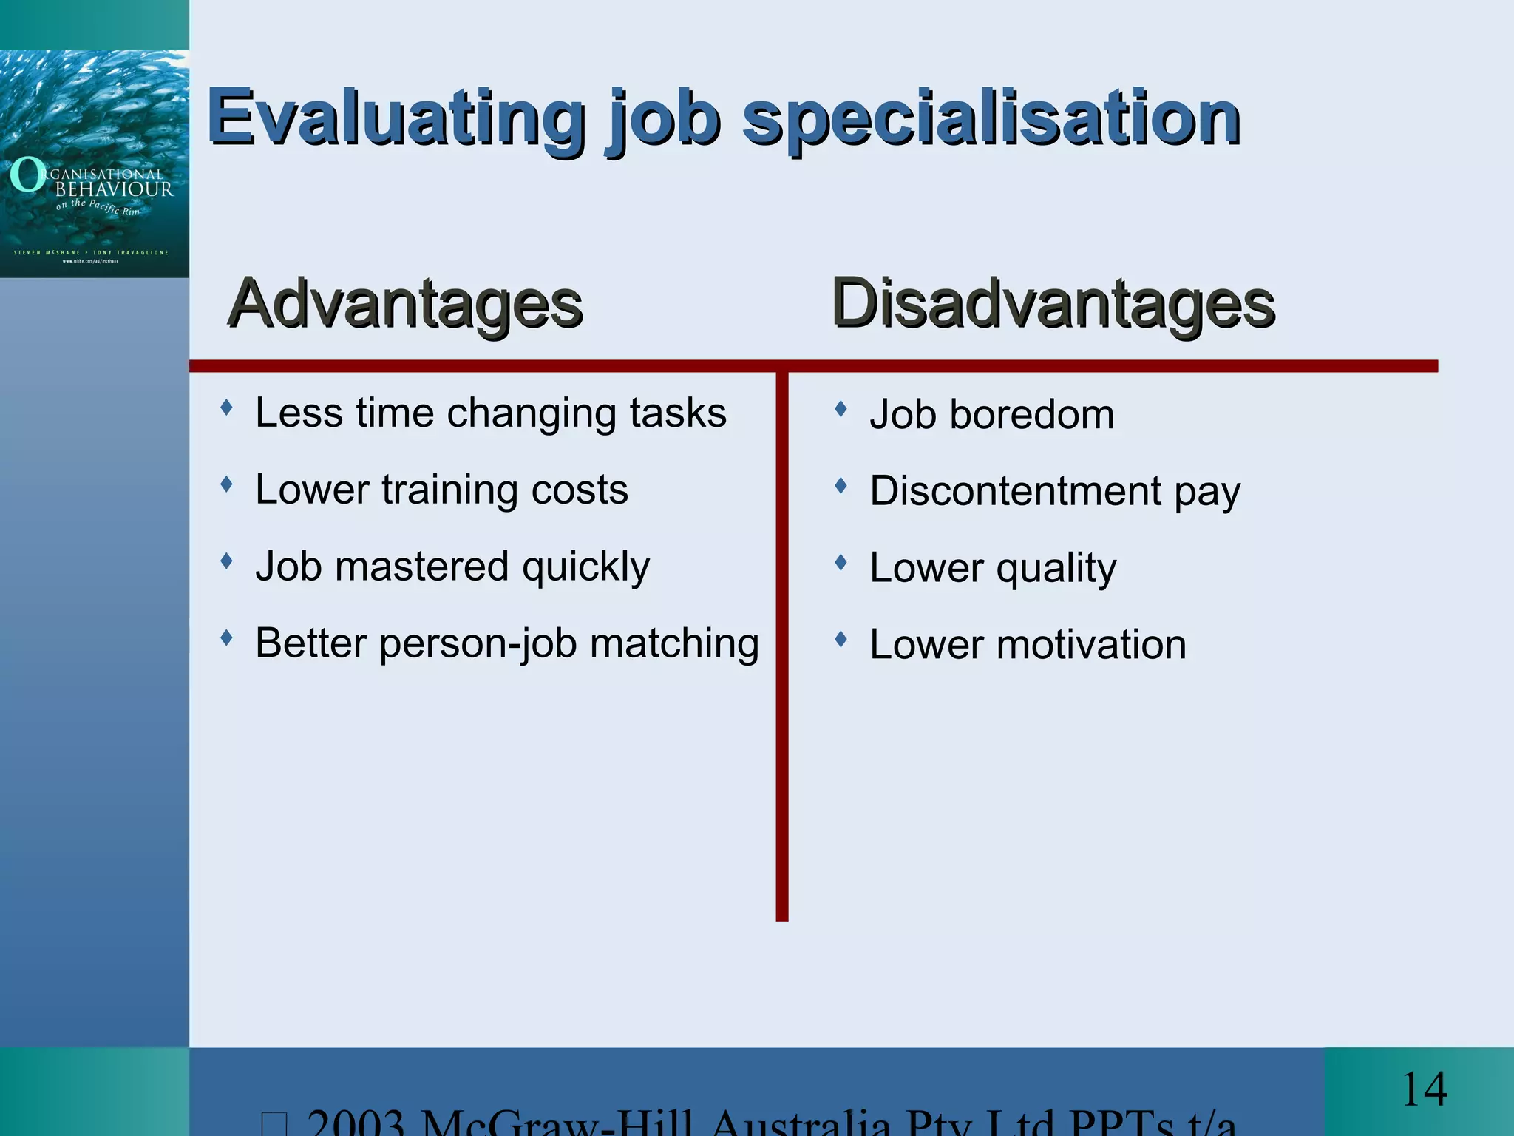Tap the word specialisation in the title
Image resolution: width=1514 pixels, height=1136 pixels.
tap(991, 118)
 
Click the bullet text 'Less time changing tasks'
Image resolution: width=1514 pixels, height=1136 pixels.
tap(491, 413)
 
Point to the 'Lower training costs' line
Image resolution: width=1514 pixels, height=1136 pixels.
tap(441, 490)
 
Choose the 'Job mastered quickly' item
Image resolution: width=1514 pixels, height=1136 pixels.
tap(452, 567)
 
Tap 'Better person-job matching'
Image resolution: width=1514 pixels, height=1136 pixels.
tap(507, 643)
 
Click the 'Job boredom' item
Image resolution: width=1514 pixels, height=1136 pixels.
tap(991, 414)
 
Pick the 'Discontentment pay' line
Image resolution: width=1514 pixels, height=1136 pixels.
tap(1055, 491)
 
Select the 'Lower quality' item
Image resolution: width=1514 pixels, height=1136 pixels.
tap(993, 568)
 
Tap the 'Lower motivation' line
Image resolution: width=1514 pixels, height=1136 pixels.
tap(1028, 645)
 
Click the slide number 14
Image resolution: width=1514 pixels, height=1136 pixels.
tap(1424, 1089)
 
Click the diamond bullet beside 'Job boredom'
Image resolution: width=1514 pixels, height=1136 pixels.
tap(841, 408)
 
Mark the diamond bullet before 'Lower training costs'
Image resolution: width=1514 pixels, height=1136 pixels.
tap(227, 484)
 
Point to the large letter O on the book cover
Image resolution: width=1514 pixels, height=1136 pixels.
tap(28, 175)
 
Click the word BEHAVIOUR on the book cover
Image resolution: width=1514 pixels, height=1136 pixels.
tap(115, 189)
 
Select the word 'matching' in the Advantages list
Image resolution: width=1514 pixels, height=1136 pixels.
tap(674, 643)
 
